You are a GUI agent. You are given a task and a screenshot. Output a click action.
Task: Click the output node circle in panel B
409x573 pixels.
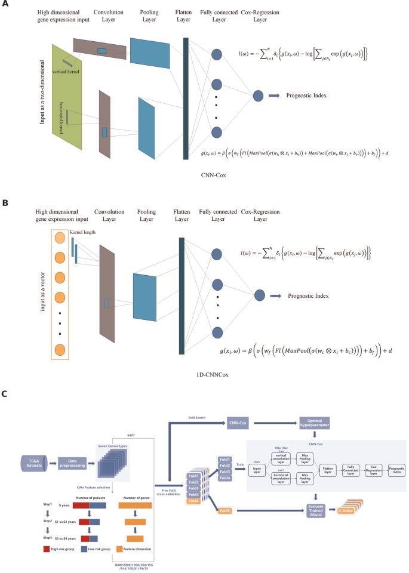(259, 295)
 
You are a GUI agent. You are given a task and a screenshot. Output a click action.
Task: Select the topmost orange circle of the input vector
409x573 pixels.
(60, 238)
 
